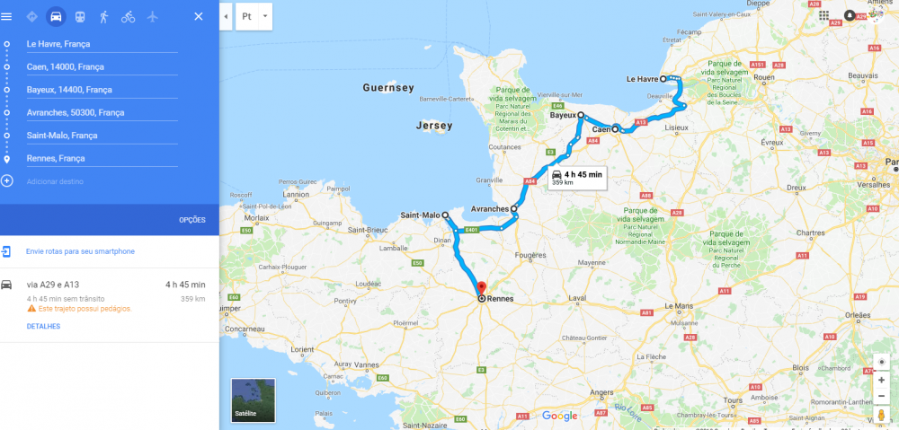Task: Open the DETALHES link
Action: [x=43, y=326]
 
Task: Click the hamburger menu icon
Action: [x=7, y=16]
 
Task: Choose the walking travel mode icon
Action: [x=104, y=16]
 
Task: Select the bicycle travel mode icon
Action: [x=128, y=16]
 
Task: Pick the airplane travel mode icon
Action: [x=152, y=16]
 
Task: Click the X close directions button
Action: [x=199, y=16]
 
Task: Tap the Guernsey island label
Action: [x=388, y=88]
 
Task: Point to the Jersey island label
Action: [x=434, y=126]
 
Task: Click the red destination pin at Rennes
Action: [x=482, y=288]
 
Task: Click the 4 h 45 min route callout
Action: [x=577, y=177]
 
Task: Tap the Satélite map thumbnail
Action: [x=253, y=399]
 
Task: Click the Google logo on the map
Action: [x=559, y=416]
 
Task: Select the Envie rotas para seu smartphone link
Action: [x=80, y=251]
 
